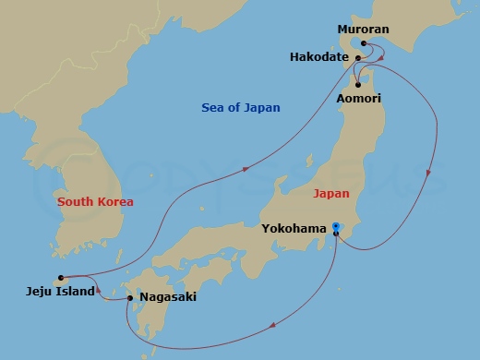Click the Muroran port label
pyautogui.click(x=364, y=30)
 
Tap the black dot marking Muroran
pyautogui.click(x=364, y=43)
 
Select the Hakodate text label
pyautogui.click(x=319, y=57)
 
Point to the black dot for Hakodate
pyautogui.click(x=357, y=57)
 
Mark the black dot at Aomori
pyautogui.click(x=356, y=85)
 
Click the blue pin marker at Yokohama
pyautogui.click(x=337, y=225)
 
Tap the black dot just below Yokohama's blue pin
pyautogui.click(x=336, y=234)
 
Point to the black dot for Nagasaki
pyautogui.click(x=129, y=297)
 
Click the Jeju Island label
pyautogui.click(x=60, y=291)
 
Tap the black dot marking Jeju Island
pyautogui.click(x=60, y=277)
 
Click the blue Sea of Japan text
pyautogui.click(x=240, y=108)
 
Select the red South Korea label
pyautogui.click(x=95, y=201)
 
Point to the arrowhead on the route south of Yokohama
pyautogui.click(x=273, y=324)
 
